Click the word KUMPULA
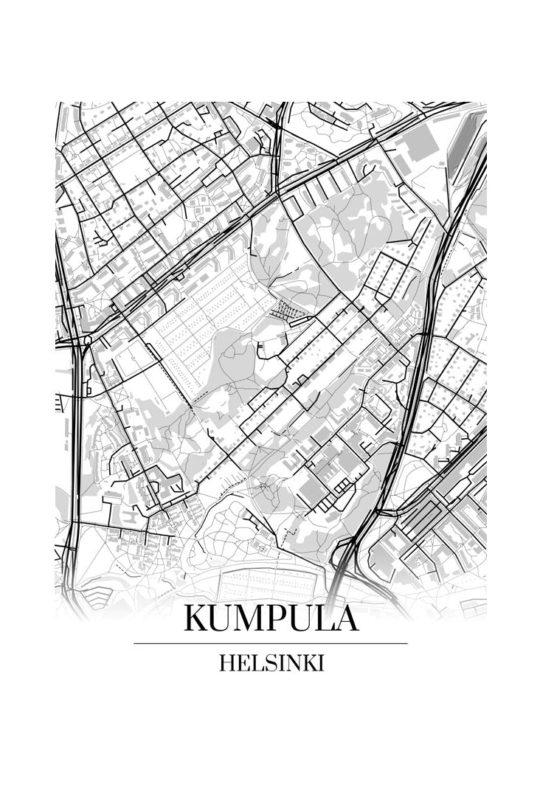(271, 618)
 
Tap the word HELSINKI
(271, 663)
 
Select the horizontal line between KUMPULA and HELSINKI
(271, 643)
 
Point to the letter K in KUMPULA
(197, 618)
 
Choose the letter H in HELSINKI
(226, 663)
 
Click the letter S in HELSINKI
(267, 663)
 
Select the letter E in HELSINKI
(242, 663)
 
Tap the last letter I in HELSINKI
(321, 663)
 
